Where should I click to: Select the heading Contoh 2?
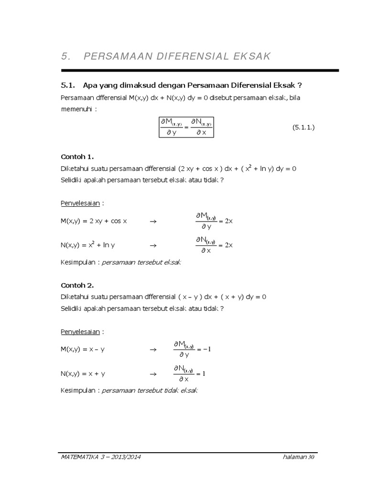tap(77, 285)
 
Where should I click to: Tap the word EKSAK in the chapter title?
tap(251, 56)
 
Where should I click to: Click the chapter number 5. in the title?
tap(66, 56)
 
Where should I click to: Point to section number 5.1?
tap(69, 85)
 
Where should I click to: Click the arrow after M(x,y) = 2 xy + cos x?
tap(153, 222)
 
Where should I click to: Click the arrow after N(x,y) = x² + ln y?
tap(153, 245)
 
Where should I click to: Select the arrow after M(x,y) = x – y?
tap(153, 350)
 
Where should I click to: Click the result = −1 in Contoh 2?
tap(204, 349)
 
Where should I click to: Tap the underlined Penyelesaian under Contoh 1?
tap(80, 203)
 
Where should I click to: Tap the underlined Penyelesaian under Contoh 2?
tap(80, 331)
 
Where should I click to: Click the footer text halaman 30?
tap(298, 457)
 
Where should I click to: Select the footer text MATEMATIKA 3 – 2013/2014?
tap(101, 457)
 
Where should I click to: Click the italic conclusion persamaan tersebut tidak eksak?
tap(150, 390)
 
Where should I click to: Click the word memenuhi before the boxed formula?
tap(76, 109)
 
